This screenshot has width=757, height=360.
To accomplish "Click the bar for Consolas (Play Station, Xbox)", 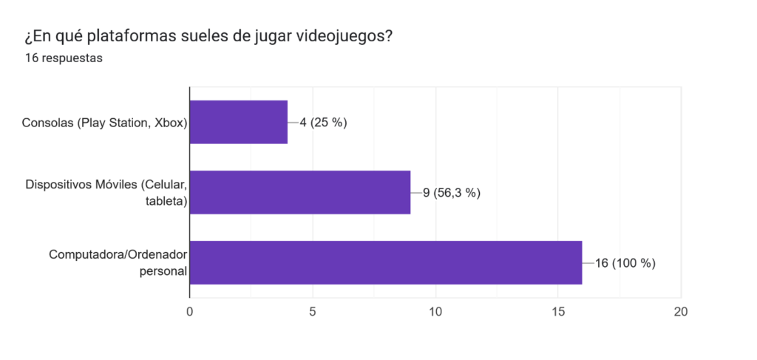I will click(x=239, y=122).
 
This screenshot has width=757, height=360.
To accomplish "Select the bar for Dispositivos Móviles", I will click(x=300, y=192).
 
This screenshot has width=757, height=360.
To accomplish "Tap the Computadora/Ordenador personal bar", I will click(x=386, y=262).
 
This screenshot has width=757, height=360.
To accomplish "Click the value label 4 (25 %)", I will click(x=323, y=123).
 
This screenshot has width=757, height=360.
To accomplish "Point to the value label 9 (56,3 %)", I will click(x=451, y=193).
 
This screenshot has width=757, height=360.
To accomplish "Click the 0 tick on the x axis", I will click(x=190, y=311).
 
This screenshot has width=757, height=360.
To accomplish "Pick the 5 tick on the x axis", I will click(x=313, y=311).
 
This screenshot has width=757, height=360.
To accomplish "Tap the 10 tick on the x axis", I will click(x=435, y=311).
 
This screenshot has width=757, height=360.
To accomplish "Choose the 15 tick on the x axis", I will click(x=558, y=311).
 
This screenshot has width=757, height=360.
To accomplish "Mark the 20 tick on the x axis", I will click(x=681, y=311).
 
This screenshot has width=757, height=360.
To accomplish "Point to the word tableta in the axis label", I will click(x=166, y=201).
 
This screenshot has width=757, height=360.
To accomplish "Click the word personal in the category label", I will click(x=163, y=271).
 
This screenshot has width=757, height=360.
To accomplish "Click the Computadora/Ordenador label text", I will click(x=118, y=254).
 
